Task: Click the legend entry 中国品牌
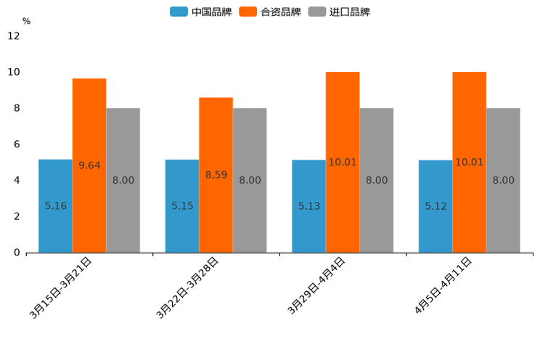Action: (201, 12)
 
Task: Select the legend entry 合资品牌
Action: (270, 12)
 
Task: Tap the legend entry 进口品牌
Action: (339, 12)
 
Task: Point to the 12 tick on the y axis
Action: (14, 36)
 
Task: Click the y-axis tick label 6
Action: (17, 144)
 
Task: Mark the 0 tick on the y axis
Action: (17, 253)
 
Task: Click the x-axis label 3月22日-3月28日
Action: (188, 287)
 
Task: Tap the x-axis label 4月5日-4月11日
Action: (443, 285)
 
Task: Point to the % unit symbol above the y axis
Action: (26, 21)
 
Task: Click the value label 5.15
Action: (182, 206)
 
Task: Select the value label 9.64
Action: (89, 165)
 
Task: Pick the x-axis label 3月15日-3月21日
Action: (61, 287)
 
